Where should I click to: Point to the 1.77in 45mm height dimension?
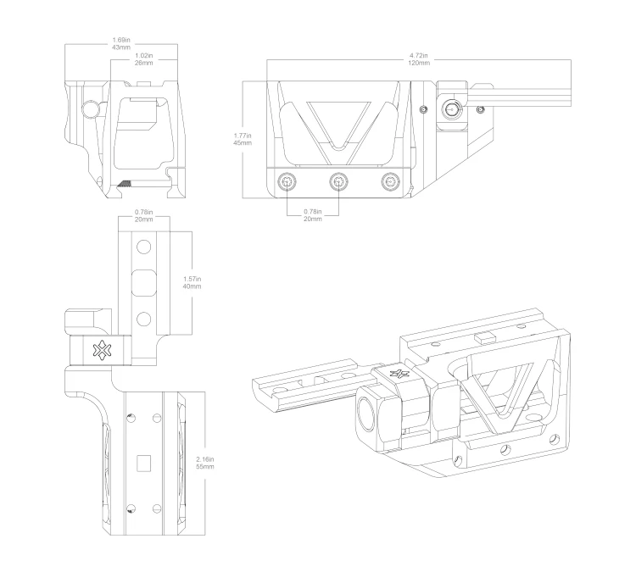(242, 138)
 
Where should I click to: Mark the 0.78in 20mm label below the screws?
(313, 215)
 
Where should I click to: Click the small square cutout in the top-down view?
(143, 462)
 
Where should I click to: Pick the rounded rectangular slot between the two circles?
(143, 281)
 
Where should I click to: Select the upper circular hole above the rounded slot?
(143, 247)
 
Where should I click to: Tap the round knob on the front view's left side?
(89, 108)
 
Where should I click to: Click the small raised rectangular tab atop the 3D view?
(484, 337)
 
